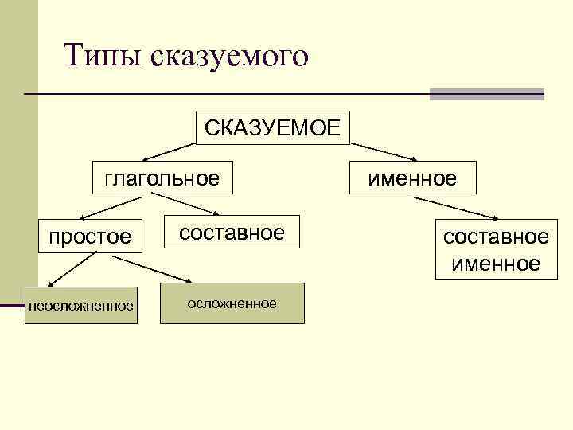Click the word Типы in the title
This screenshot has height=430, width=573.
(x=100, y=56)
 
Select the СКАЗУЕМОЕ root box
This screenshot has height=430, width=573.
(x=272, y=127)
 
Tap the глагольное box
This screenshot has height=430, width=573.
(x=162, y=178)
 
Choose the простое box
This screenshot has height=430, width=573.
(x=89, y=236)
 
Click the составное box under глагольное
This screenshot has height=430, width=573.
(x=232, y=233)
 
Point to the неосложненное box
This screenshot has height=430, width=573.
(x=80, y=305)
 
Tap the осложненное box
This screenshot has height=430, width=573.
(x=232, y=303)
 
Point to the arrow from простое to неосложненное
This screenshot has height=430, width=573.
(x=72, y=268)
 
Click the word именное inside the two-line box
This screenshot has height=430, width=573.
(x=496, y=263)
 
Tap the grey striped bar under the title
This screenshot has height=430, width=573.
(x=486, y=94)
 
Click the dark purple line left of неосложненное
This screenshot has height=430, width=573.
(x=12, y=305)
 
